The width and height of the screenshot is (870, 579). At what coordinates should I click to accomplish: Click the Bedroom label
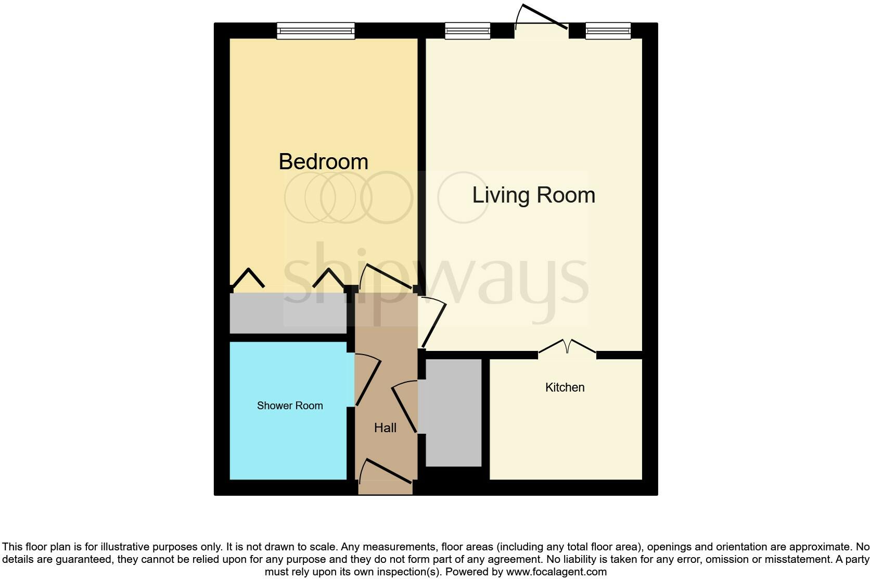pos(323,161)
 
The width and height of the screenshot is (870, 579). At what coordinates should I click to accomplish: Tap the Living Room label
pos(533,195)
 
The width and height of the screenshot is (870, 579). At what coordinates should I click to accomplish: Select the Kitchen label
pos(565,387)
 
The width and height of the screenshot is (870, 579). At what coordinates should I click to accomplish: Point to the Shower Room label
pos(290,406)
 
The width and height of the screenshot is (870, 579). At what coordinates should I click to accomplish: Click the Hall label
pos(385,428)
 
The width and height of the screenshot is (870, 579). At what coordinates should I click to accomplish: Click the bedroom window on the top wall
pos(315,31)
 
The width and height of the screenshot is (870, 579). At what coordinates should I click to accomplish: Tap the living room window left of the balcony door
pos(467,31)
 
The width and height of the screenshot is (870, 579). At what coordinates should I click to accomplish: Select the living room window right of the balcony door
pos(608,31)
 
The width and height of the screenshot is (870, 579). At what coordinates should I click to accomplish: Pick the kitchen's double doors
pos(567,348)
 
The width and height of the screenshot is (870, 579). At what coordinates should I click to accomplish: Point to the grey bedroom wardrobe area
pos(288,313)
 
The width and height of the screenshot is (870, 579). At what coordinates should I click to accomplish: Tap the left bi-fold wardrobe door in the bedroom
pos(248,278)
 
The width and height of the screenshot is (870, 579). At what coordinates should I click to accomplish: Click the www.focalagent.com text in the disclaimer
pos(556,572)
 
